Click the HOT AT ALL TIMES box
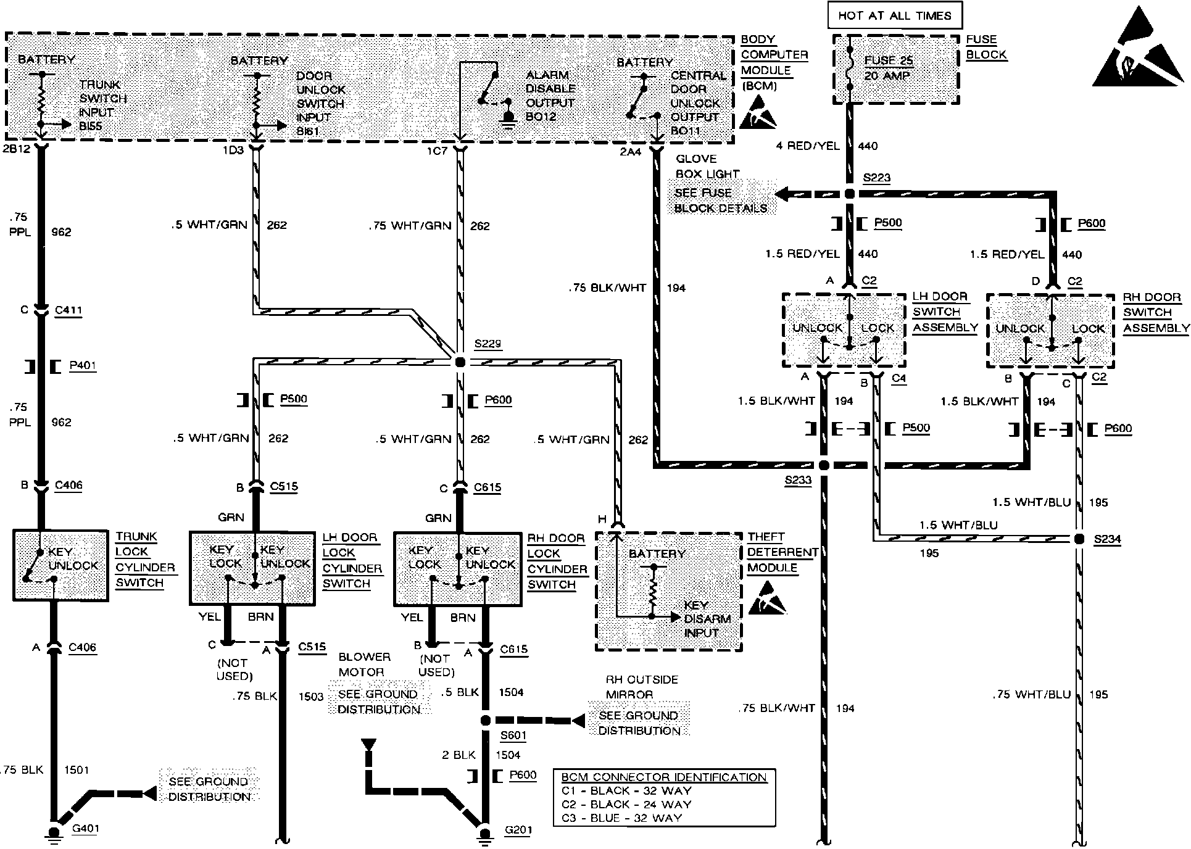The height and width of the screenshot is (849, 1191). click(x=894, y=16)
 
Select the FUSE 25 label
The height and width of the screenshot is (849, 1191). click(x=889, y=60)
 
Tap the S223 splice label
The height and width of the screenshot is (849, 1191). click(x=876, y=178)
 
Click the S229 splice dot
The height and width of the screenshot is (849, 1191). click(x=460, y=362)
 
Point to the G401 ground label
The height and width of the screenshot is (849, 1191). click(x=85, y=828)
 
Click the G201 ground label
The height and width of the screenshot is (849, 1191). click(x=518, y=830)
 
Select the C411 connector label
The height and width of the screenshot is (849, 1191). click(x=68, y=310)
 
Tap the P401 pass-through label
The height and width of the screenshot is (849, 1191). click(x=82, y=366)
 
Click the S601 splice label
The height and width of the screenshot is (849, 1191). click(x=513, y=735)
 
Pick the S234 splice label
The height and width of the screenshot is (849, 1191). click(x=1107, y=540)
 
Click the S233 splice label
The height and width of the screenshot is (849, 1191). click(x=798, y=481)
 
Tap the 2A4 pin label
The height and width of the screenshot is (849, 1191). click(x=630, y=152)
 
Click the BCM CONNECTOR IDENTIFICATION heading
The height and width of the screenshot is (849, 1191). click(x=664, y=777)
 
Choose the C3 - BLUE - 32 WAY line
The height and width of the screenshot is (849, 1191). click(x=621, y=818)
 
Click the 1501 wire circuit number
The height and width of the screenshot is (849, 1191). click(x=76, y=769)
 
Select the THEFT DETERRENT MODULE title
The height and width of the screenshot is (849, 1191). click(x=782, y=552)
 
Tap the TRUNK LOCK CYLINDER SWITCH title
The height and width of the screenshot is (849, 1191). click(x=145, y=560)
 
